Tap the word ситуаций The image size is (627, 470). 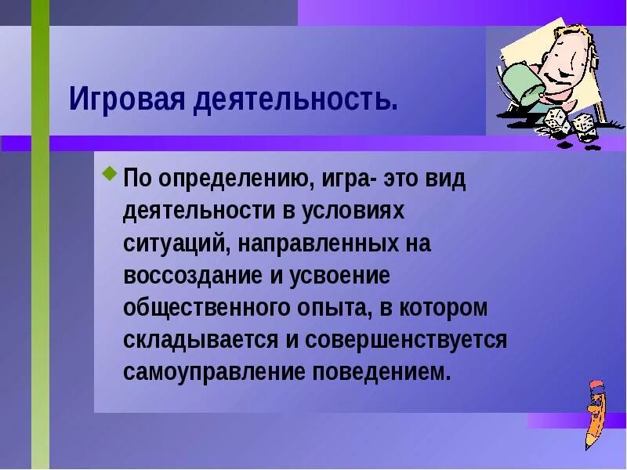tap(172, 244)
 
